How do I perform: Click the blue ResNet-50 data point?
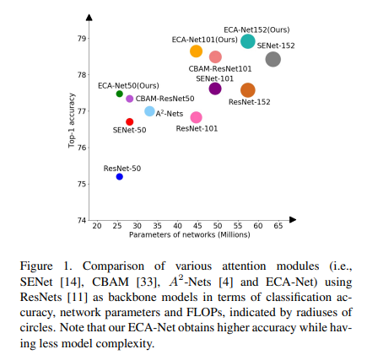click(120, 177)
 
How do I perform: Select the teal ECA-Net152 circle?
click(248, 41)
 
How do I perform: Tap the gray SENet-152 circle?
click(273, 59)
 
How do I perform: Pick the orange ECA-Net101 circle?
click(196, 51)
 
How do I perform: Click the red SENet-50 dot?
click(130, 121)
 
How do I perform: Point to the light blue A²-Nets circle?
click(149, 111)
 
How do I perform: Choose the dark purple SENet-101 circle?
click(215, 89)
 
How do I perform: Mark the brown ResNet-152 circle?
click(248, 90)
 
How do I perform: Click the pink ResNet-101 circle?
click(196, 117)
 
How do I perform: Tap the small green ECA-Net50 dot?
click(120, 94)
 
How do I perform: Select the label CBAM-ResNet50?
click(165, 99)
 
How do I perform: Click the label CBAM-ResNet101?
click(220, 69)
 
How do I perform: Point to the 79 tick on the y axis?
click(82, 38)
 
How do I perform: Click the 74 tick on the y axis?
click(82, 220)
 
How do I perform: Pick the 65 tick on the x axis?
click(278, 226)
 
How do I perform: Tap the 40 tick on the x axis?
click(177, 226)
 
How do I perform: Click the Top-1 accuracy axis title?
click(72, 121)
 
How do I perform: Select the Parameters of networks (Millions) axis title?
click(190, 234)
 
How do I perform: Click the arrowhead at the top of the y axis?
click(89, 18)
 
